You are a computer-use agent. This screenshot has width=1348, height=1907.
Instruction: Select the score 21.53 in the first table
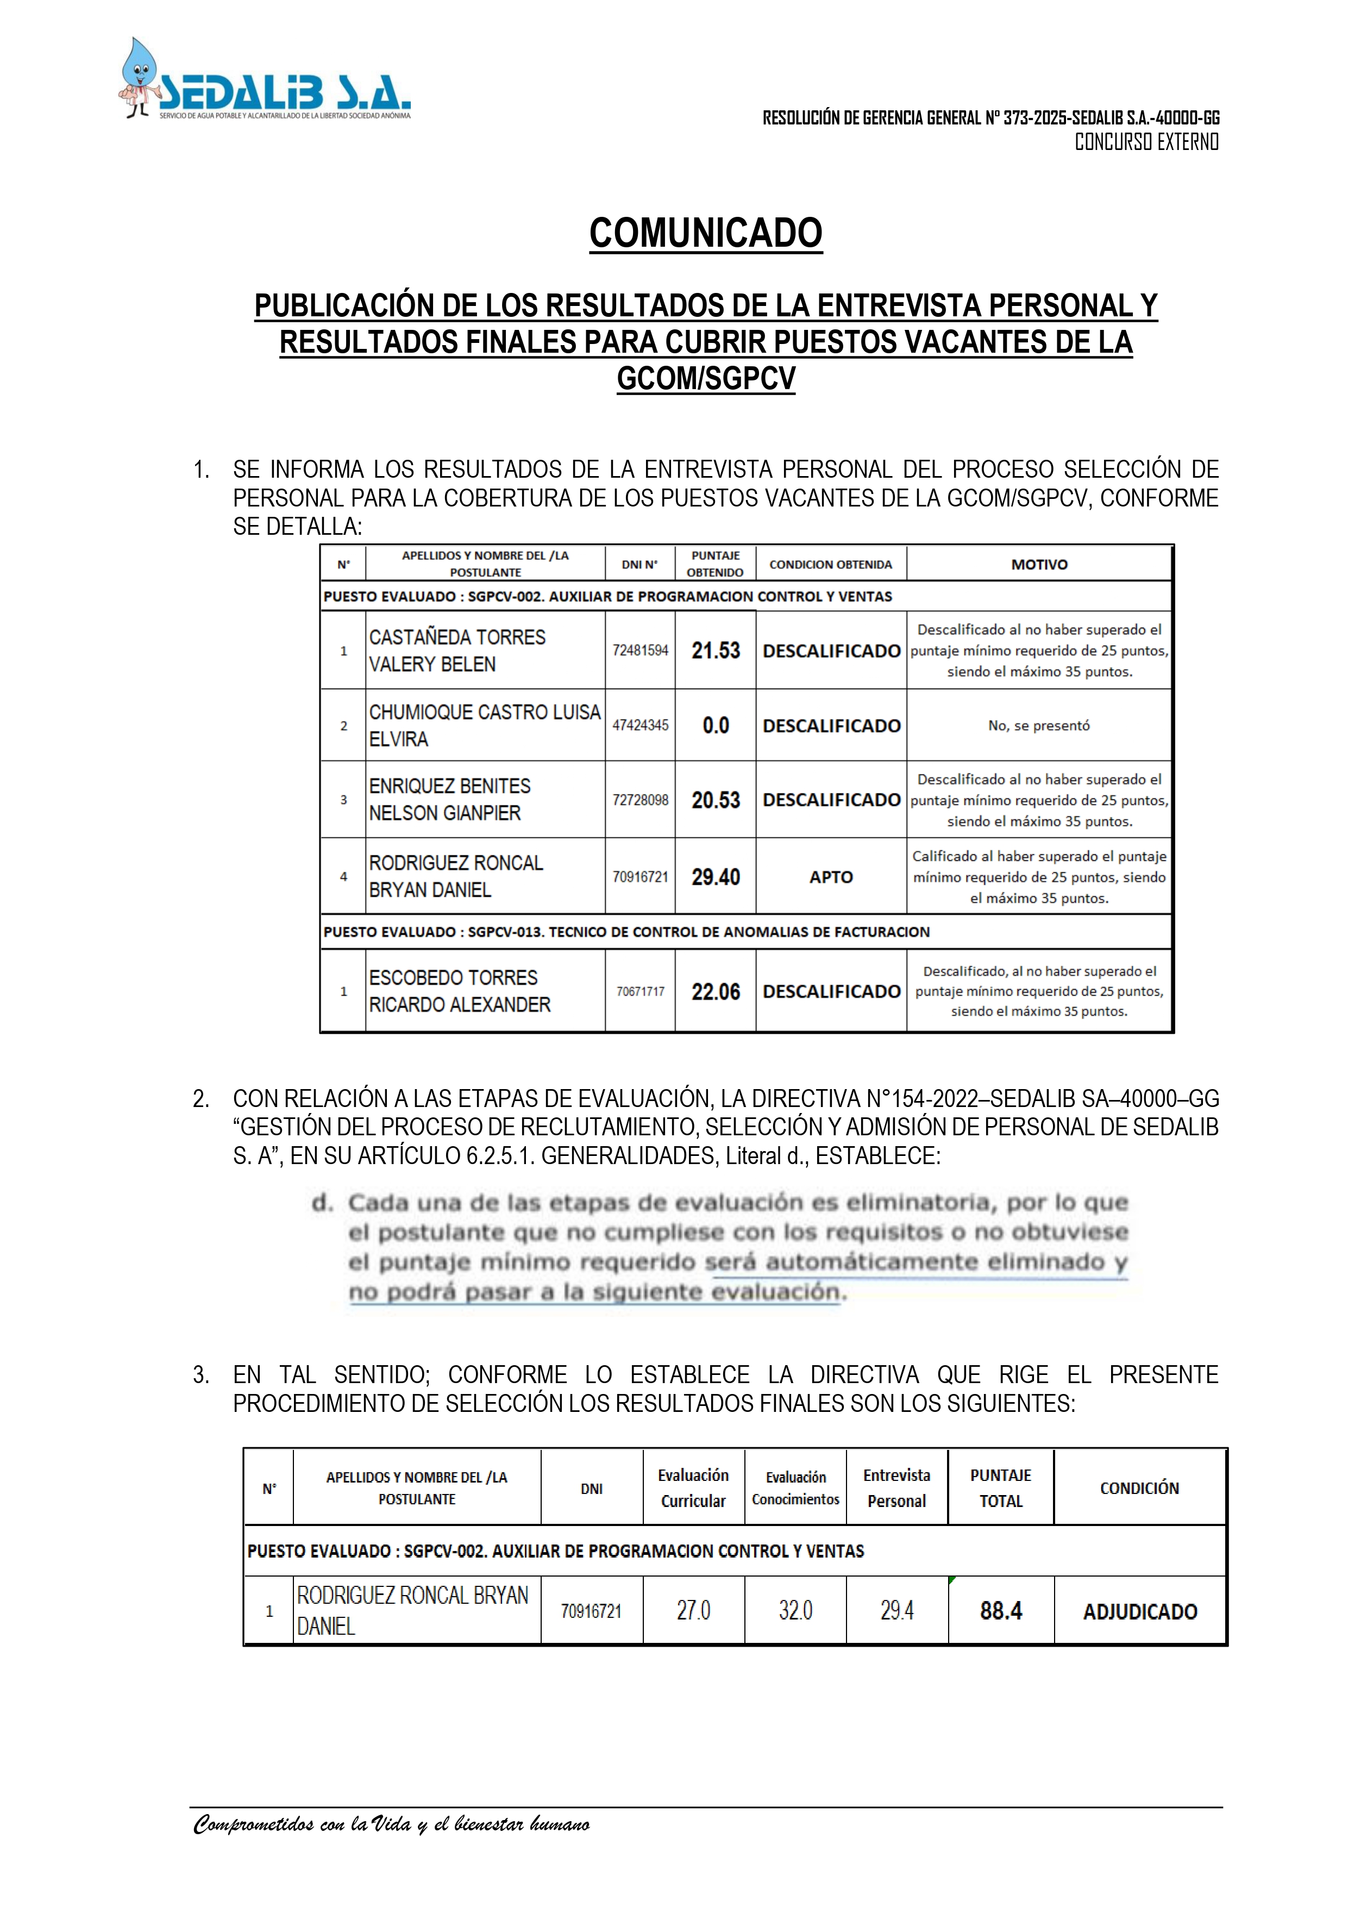(715, 651)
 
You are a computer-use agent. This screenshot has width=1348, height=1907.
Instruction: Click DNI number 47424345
(641, 725)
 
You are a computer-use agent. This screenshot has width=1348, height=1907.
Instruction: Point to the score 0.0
(715, 725)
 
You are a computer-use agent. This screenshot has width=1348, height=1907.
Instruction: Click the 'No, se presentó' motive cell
(1038, 725)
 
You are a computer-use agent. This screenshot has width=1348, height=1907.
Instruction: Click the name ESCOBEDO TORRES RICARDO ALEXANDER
(459, 991)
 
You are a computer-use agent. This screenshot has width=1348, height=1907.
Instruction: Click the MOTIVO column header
(1039, 565)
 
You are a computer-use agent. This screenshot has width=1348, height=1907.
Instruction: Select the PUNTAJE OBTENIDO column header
(715, 564)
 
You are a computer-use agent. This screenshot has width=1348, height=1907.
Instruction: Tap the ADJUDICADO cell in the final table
(1139, 1612)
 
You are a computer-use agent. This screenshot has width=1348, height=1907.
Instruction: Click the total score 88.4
(1001, 1611)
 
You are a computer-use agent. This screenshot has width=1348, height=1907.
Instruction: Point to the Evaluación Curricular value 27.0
(693, 1611)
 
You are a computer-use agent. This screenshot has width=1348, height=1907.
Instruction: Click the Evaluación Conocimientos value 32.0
(795, 1611)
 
